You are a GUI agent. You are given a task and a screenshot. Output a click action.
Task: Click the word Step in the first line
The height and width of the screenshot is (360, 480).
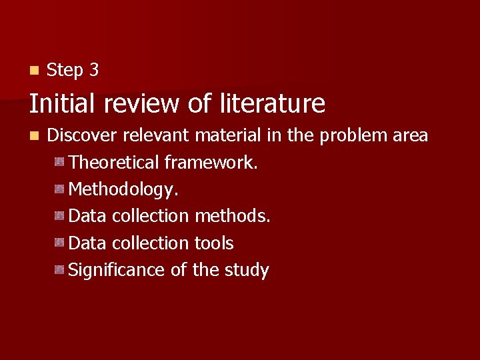[64, 70]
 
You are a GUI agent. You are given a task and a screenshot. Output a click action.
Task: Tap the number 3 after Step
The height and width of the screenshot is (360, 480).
[94, 70]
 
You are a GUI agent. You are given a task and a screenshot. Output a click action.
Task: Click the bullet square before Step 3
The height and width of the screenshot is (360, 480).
[34, 69]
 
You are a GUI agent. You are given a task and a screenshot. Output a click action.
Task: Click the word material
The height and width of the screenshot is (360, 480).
[227, 135]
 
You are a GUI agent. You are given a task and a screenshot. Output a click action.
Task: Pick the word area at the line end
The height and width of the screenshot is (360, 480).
[409, 136]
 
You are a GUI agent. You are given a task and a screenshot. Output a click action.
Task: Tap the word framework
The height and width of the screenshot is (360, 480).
[211, 163]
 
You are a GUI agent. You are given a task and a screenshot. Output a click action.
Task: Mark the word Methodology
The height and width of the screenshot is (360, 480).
[123, 190]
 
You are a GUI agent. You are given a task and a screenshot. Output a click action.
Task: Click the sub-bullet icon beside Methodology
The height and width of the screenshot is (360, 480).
[60, 189]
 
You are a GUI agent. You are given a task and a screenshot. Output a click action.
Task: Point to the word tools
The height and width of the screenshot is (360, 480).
[214, 243]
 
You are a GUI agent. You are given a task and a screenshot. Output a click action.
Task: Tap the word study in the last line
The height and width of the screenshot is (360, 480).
[248, 271]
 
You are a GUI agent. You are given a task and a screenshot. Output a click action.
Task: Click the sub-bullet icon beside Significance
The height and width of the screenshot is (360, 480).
[60, 269]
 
